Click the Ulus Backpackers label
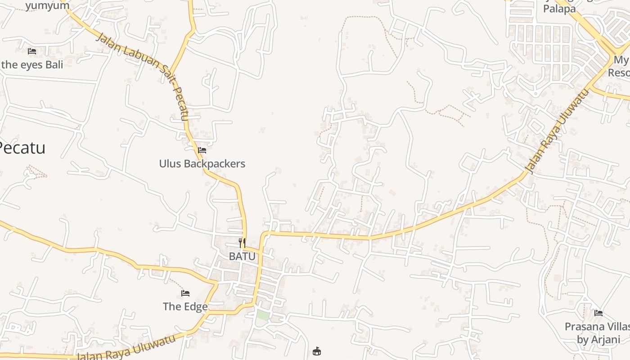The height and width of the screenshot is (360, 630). (202, 163)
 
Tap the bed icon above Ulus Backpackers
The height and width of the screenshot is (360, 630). (202, 150)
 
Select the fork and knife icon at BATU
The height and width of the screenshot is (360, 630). (242, 243)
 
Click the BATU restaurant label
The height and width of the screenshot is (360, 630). (242, 256)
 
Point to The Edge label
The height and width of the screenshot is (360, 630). (185, 306)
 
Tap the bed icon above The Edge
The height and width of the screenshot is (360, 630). (185, 293)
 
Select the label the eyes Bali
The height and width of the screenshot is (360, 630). (32, 64)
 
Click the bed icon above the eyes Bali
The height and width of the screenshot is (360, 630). (32, 51)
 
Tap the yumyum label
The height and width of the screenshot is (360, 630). (47, 5)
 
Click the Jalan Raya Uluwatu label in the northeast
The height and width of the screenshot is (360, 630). (557, 131)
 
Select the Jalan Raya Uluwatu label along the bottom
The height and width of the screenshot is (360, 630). (126, 347)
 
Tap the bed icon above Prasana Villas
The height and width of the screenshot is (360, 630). (598, 313)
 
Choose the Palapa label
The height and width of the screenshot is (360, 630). (559, 9)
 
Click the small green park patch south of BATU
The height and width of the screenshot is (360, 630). (263, 315)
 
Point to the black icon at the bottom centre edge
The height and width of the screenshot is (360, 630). (317, 351)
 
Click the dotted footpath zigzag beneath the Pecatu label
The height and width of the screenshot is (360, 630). (36, 171)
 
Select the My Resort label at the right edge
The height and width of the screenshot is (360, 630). (621, 66)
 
